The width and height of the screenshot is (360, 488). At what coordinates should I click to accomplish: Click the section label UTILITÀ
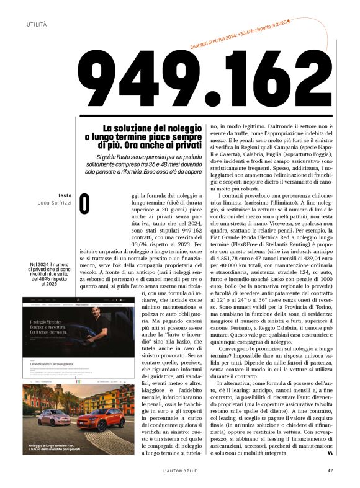coord(37,24)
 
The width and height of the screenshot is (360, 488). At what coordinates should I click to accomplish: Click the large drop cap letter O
coord(85,205)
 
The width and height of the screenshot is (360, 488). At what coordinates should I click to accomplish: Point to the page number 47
coord(331,469)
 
